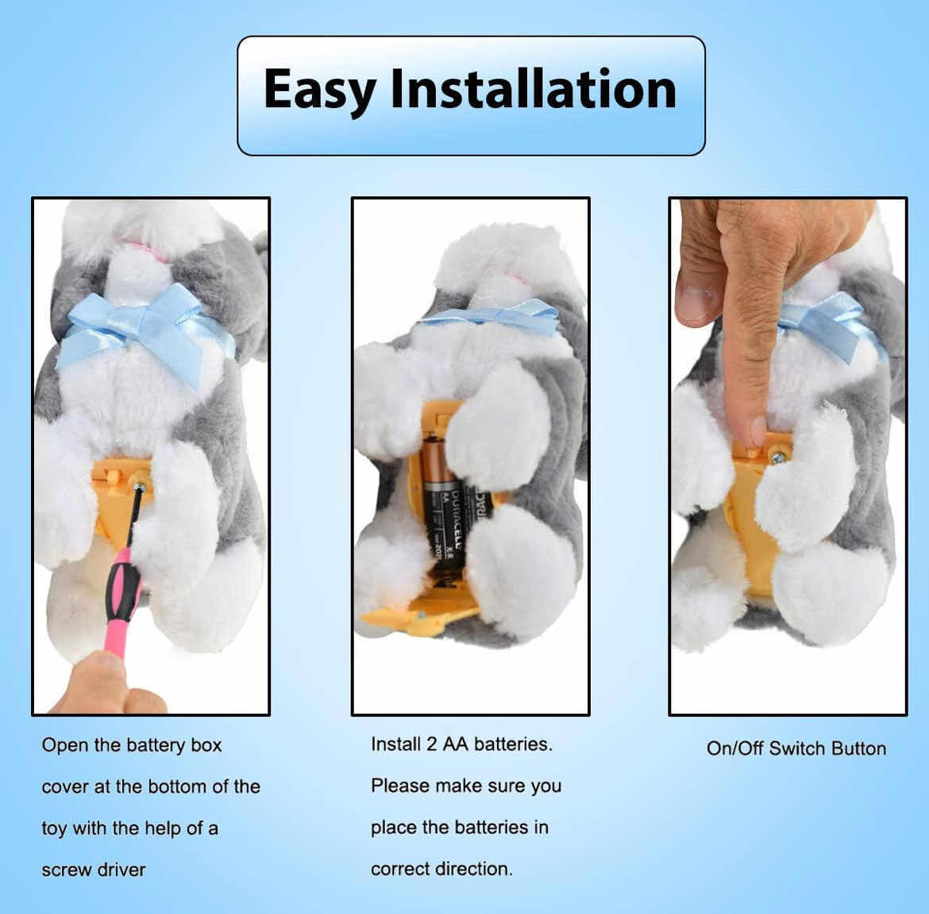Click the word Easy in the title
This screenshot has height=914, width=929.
320,90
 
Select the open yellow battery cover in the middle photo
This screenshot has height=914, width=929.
418,619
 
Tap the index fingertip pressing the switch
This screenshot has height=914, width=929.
757,430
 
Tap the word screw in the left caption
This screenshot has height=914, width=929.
66,870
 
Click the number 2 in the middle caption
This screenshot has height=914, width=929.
432,744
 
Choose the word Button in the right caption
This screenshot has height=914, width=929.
859,749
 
